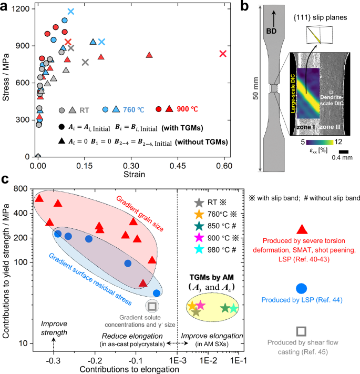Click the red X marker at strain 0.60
click(223, 54)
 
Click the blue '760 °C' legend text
click(133, 109)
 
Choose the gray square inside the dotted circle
click(152, 306)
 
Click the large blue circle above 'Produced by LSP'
click(301, 288)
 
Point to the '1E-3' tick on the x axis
click(178, 355)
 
